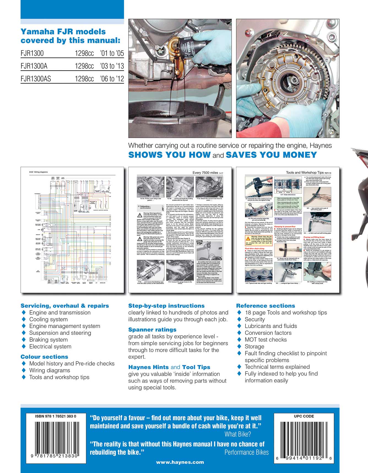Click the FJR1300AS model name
coord(36,79)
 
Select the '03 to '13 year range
coord(112,66)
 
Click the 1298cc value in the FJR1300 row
coord(84,53)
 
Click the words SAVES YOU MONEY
coord(271,155)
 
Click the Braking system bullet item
coord(48,340)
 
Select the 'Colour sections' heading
coord(44,357)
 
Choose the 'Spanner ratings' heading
coord(152,330)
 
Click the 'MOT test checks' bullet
coord(266,340)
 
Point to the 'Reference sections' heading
coord(266,306)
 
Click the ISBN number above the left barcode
coord(56,416)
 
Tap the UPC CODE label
coord(304,416)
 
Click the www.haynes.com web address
coord(180,462)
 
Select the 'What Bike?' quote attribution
coord(238,434)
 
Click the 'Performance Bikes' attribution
coord(247,452)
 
